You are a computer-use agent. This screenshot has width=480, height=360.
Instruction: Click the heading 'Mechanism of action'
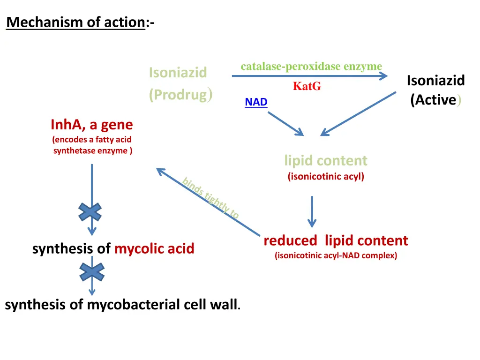coord(75,22)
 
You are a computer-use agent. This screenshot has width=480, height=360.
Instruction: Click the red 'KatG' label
coord(307,86)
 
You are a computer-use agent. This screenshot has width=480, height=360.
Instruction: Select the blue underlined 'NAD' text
coord(256,102)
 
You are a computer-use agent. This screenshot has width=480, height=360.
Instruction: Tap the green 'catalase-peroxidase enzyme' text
coord(311,67)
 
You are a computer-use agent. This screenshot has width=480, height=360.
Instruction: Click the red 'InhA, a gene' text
coord(92,125)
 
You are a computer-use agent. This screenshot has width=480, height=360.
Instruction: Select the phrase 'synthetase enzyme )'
coord(93,150)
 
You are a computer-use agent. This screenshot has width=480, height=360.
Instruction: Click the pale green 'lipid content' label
coord(326,160)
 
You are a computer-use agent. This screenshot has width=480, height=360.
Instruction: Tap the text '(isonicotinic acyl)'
coord(326,177)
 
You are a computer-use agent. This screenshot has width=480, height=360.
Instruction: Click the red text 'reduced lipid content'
coord(336,240)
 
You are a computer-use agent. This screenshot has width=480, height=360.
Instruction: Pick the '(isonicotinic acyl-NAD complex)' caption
coord(336,255)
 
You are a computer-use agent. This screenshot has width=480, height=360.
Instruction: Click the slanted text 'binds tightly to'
coord(211,198)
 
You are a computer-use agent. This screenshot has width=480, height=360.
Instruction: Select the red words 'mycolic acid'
coord(154,248)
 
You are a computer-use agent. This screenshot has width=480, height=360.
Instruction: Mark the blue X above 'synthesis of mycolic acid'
coord(90,212)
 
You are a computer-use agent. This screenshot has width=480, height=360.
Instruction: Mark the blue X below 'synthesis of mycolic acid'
coord(91,272)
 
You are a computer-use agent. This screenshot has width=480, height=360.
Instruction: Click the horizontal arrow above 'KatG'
coord(309,76)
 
